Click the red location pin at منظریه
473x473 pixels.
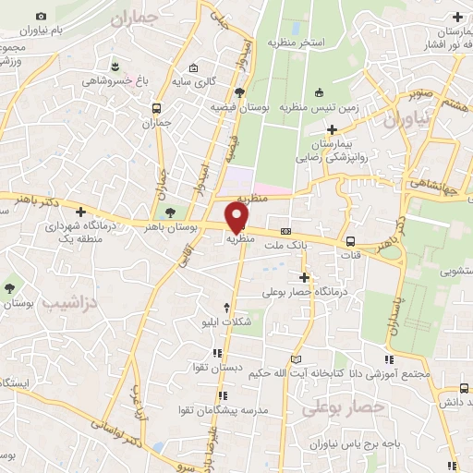point(238,215)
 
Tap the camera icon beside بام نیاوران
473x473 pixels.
point(41,17)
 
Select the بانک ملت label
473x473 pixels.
point(283,246)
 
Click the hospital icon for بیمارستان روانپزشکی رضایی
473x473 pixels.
point(326,130)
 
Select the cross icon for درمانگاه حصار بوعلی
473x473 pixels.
point(304,277)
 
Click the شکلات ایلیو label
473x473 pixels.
point(227,322)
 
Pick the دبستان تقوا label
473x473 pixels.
point(221,368)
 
